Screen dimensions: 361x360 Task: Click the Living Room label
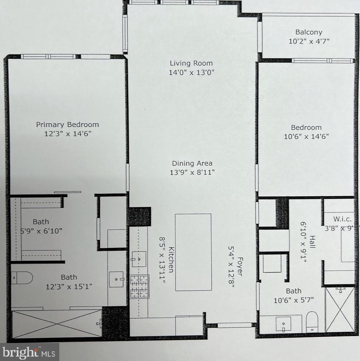pos(191,63)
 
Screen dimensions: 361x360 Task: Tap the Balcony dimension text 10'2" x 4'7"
pos(309,41)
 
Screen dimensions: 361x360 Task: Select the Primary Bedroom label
pos(67,124)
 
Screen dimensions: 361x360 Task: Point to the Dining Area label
pos(192,163)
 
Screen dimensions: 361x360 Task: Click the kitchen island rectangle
pos(193,252)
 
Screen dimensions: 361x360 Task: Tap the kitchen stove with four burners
pos(140,286)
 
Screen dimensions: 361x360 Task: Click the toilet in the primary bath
pos(21,277)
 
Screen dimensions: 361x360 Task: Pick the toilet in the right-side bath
pos(312,321)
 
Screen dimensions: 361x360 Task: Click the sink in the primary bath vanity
pos(116,279)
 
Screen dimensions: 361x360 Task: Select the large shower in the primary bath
pos(57,323)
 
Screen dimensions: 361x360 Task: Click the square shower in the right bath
pos(340,309)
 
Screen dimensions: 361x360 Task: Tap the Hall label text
pos(312,242)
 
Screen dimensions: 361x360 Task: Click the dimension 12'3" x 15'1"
pos(69,287)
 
